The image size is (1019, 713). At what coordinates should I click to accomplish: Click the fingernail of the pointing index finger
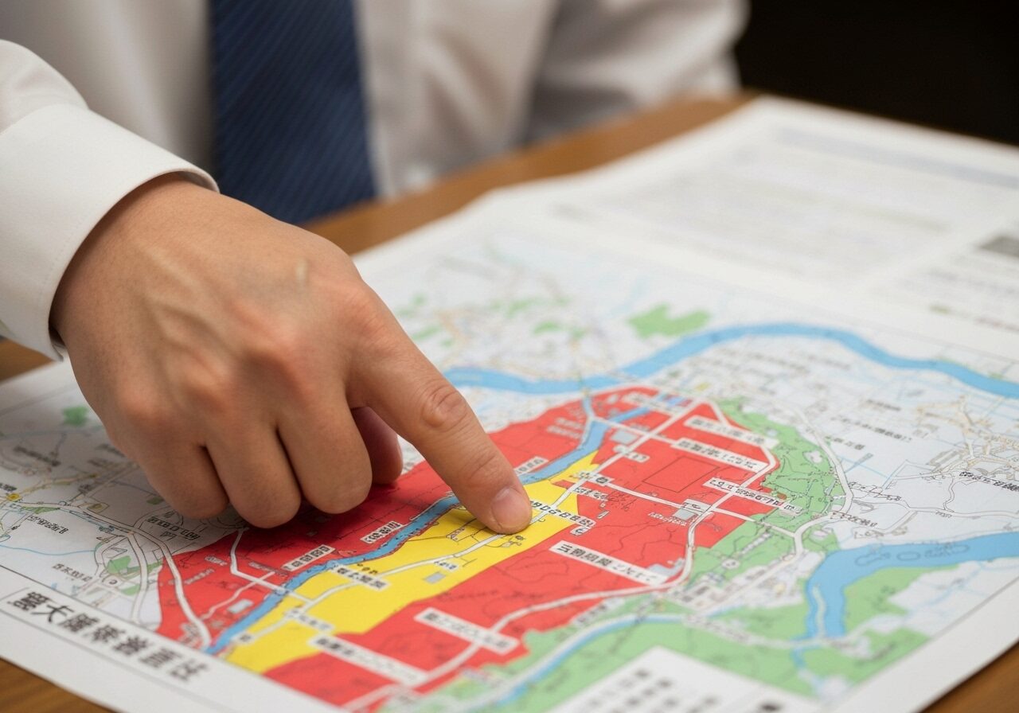pyautogui.click(x=510, y=509)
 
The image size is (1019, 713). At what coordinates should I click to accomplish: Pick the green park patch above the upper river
pyautogui.click(x=667, y=321)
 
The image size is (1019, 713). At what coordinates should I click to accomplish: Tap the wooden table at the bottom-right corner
pyautogui.click(x=995, y=684)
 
